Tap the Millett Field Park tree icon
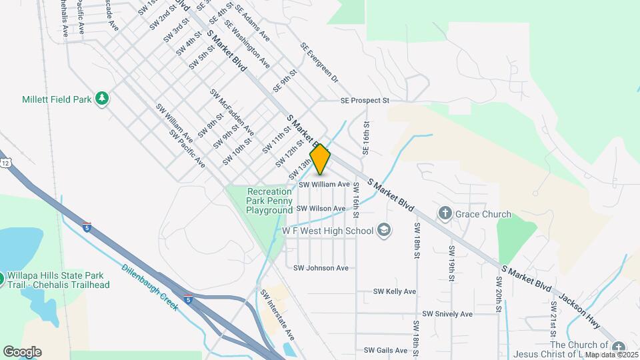[x=102, y=99]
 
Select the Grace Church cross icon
[x=445, y=214]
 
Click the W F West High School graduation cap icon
[x=383, y=231]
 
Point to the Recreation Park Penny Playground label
[x=269, y=200]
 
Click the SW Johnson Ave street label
[x=321, y=268]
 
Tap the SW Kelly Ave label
[x=395, y=291]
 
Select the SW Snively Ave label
[x=447, y=314]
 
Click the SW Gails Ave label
[x=385, y=350]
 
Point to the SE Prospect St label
[x=364, y=101]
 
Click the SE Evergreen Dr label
[x=319, y=63]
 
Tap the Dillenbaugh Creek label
[x=149, y=287]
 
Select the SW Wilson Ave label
[x=321, y=209]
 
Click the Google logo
[x=22, y=351]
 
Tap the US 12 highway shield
[x=5, y=163]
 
